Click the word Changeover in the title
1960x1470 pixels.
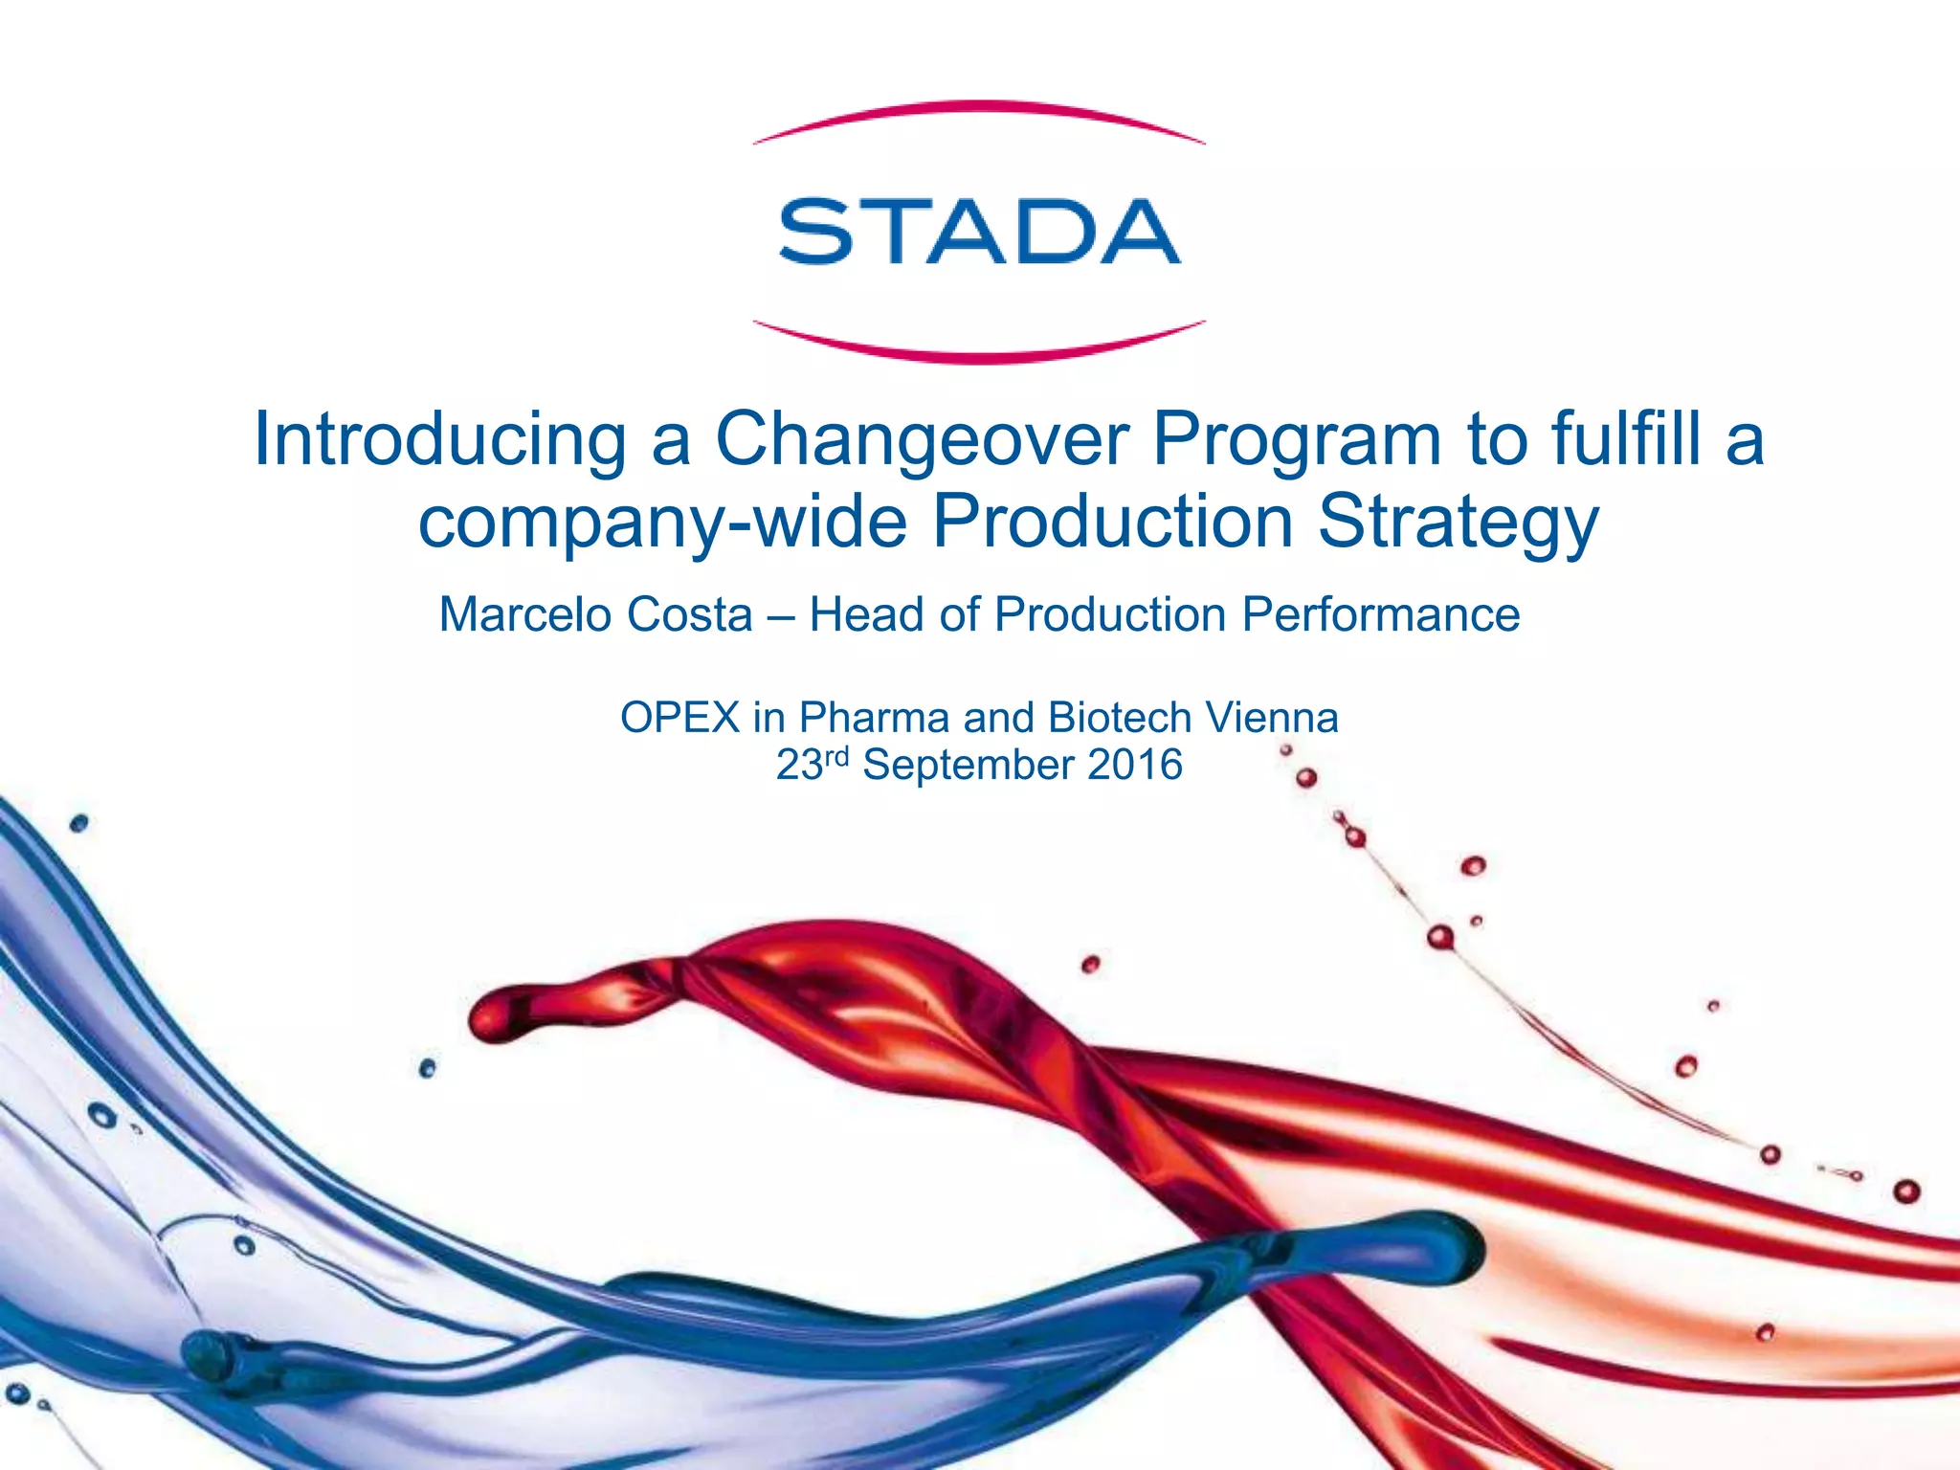921,439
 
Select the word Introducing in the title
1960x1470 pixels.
439,439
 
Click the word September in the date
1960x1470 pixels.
969,765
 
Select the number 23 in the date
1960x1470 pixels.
799,765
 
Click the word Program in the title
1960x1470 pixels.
1297,439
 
